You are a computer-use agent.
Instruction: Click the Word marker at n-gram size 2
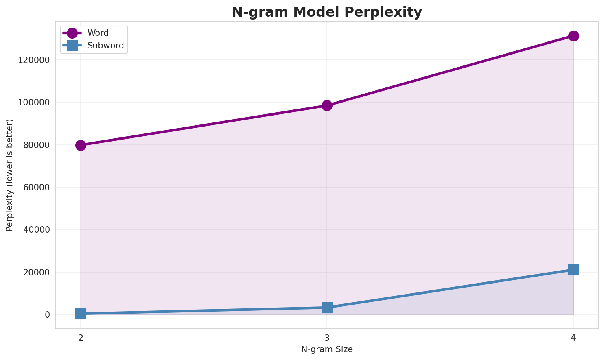tap(81, 145)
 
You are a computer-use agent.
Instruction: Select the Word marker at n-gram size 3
tap(327, 105)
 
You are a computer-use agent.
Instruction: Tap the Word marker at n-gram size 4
tap(573, 36)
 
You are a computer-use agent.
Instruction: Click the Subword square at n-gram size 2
tap(81, 314)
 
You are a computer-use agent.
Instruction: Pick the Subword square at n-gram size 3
tap(327, 308)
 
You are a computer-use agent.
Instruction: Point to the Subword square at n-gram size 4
tap(573, 270)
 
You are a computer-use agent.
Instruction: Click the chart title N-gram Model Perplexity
tap(327, 12)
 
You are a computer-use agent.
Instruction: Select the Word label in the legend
tap(98, 33)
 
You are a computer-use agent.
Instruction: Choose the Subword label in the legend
tap(105, 46)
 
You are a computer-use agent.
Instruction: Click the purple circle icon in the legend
tap(72, 33)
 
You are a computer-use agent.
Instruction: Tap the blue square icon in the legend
tap(72, 46)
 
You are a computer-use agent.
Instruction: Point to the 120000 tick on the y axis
tap(35, 60)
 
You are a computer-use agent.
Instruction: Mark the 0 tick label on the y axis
tap(48, 314)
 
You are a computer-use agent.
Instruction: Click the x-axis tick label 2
tap(81, 338)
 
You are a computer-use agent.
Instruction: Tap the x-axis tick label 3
tap(327, 338)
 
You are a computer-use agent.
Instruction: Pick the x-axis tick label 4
tap(573, 338)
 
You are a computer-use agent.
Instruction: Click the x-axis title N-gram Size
tap(327, 349)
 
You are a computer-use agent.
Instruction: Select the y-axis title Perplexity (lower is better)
tap(10, 175)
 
